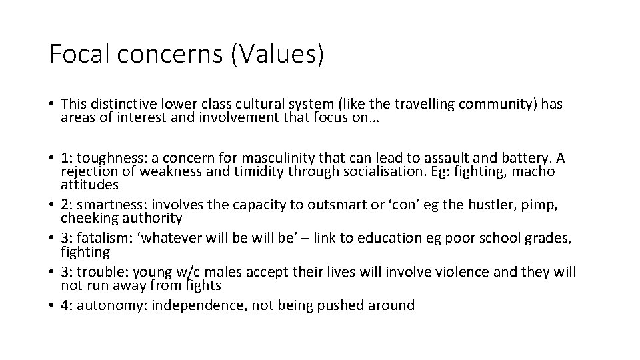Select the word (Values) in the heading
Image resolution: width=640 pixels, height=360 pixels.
[x=277, y=54]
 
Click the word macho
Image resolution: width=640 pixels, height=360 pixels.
[x=533, y=171]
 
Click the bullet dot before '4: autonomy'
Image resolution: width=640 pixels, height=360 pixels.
[x=51, y=306]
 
